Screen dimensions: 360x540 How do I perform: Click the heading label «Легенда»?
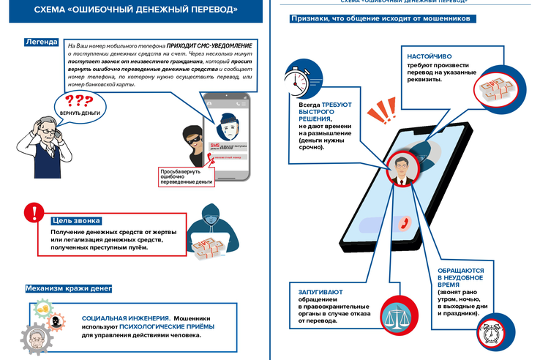tap(41, 42)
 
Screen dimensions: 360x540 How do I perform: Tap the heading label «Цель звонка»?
tap(76, 220)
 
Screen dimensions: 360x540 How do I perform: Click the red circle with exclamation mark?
tap(34, 214)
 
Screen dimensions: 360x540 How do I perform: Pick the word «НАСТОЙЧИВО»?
tap(424, 56)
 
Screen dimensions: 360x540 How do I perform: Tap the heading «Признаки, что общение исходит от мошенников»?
tap(379, 18)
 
